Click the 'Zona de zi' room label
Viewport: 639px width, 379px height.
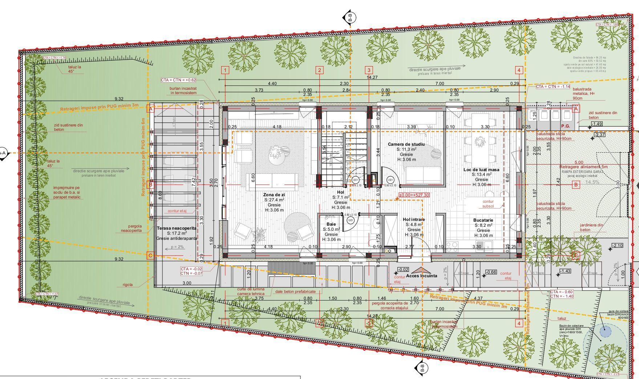click(274, 195)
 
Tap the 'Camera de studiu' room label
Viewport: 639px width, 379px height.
click(406, 144)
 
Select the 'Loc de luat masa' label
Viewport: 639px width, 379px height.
click(481, 170)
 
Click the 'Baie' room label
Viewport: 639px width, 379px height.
click(331, 224)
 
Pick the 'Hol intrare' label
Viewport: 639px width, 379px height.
click(413, 219)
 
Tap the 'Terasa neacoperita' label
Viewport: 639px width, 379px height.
click(177, 228)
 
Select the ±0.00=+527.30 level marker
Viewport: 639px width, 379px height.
click(414, 195)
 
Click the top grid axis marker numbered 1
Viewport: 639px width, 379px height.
click(225, 70)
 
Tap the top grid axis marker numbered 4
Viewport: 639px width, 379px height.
click(519, 70)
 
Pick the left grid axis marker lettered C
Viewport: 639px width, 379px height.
click(150, 255)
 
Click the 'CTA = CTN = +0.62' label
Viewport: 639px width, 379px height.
click(179, 80)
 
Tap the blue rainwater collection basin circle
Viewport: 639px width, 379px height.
click(605, 331)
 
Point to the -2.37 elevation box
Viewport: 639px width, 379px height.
click(599, 135)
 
